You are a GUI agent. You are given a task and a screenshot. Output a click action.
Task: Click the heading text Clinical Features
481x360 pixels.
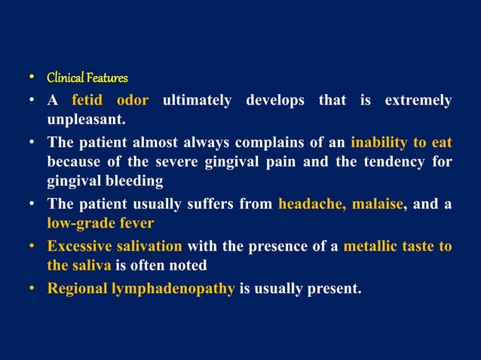point(87,78)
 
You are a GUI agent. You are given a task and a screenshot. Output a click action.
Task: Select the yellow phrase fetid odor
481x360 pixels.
point(110,100)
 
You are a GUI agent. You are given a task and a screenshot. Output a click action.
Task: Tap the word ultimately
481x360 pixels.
point(197,100)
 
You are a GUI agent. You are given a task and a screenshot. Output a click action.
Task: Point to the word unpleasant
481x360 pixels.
point(85,120)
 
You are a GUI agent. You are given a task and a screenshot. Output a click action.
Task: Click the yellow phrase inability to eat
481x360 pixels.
point(401,141)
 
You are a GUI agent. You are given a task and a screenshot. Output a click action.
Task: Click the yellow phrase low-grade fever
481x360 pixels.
point(100,223)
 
